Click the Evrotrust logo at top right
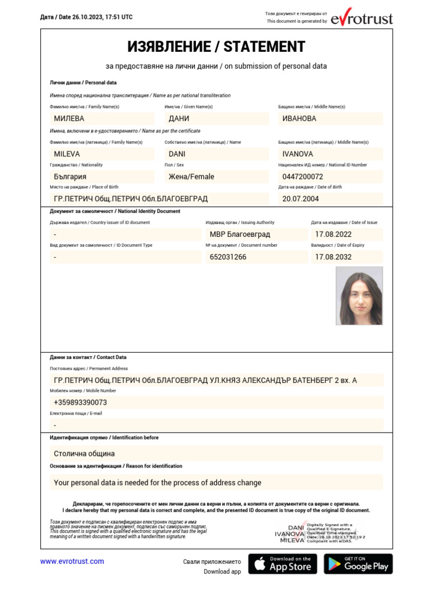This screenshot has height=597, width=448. coord(362,19)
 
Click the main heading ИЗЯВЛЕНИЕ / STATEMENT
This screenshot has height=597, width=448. coord(216,47)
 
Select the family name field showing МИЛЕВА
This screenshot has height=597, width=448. coord(101,118)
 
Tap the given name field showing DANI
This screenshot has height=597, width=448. coord(215,154)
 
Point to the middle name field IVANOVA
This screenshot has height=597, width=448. coord(330,154)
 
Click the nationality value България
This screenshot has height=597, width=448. coord(101,177)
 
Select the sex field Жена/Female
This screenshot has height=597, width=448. coord(215,177)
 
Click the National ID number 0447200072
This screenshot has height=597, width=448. coord(330,177)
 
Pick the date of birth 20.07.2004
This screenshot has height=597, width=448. coord(330,199)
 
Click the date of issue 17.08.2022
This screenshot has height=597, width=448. coord(346,234)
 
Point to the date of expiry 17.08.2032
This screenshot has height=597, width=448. coord(346,257)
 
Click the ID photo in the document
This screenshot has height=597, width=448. coord(359,296)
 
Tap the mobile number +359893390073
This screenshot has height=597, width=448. coord(216,402)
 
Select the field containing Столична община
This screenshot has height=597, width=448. coord(216,454)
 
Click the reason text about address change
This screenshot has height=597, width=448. coord(216,483)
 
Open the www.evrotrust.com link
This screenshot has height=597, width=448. coord(72,561)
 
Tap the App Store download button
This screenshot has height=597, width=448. coord(283,564)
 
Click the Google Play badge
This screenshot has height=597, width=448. coord(358,564)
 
